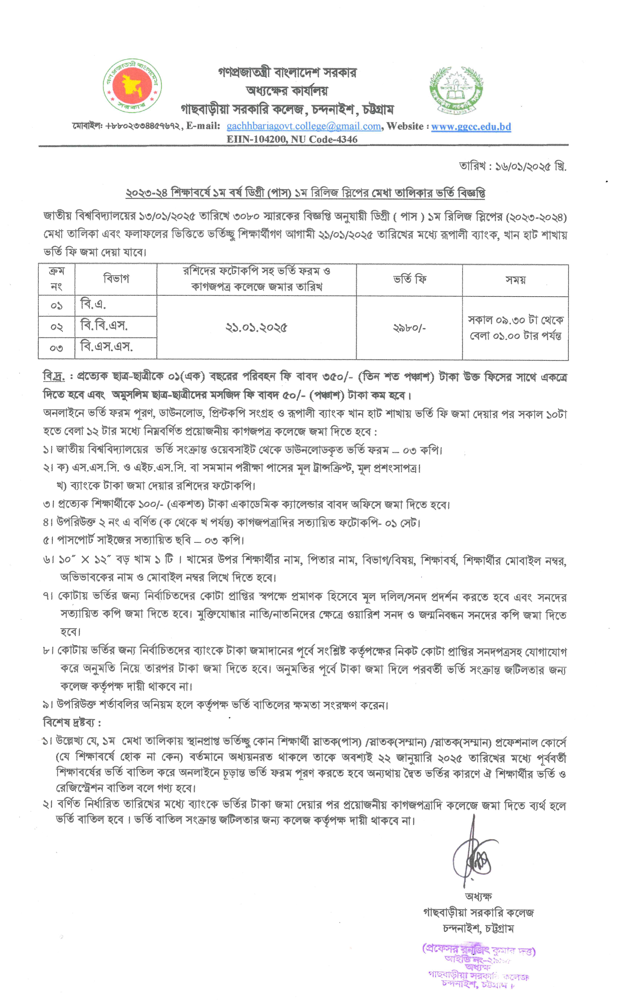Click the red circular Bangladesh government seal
point(132,85)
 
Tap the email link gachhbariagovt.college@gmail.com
point(304,126)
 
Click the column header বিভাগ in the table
point(116,279)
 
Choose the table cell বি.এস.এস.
point(106,347)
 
